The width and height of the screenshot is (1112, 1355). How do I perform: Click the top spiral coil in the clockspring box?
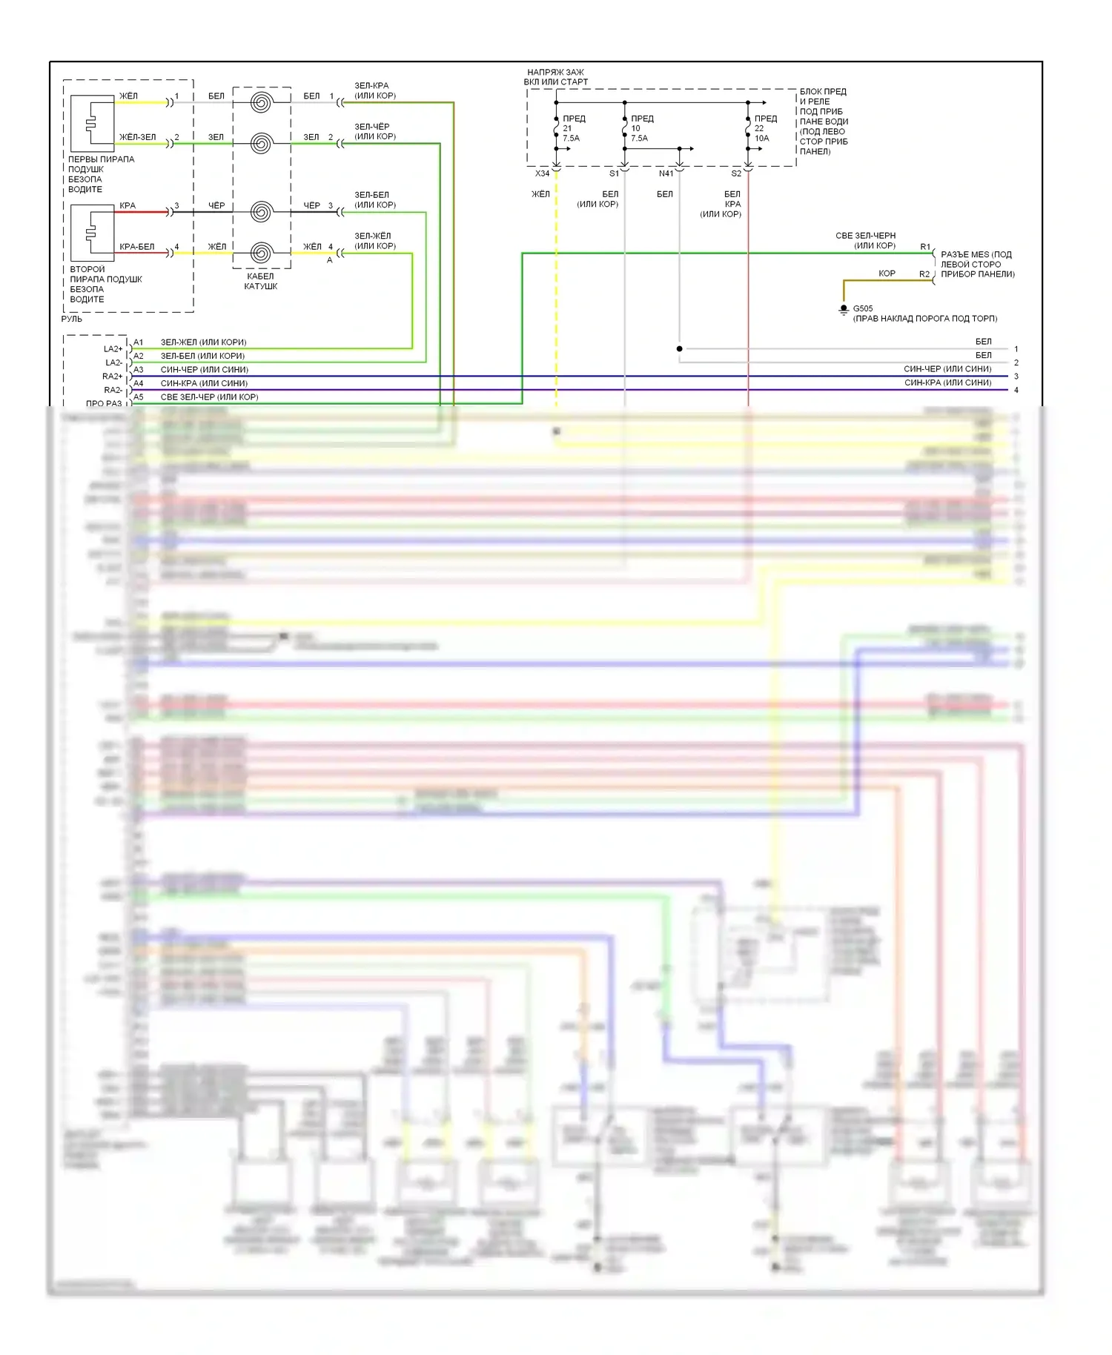click(261, 102)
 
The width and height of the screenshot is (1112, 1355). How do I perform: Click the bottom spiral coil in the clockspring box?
click(261, 253)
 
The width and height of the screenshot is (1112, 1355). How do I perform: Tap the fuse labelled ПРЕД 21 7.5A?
click(557, 128)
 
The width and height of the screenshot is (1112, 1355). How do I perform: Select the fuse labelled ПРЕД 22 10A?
click(748, 128)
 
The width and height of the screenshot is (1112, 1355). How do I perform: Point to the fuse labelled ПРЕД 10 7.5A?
click(625, 128)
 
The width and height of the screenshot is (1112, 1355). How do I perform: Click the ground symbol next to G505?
click(844, 310)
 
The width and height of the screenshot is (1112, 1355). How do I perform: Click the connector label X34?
click(543, 173)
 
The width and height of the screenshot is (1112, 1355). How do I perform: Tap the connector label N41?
click(666, 173)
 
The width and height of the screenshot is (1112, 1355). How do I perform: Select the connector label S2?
click(736, 173)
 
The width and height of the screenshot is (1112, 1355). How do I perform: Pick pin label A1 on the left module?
click(139, 342)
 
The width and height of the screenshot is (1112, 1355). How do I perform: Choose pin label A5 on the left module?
click(139, 397)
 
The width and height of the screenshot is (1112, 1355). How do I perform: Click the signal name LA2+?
click(113, 349)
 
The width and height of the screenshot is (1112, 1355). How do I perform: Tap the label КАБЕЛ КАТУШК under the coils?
click(261, 281)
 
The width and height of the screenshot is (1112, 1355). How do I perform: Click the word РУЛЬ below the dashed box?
click(72, 319)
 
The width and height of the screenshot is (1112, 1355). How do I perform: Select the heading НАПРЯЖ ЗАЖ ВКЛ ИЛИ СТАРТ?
click(556, 77)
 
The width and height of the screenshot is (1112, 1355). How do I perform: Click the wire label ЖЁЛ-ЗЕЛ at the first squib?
click(138, 137)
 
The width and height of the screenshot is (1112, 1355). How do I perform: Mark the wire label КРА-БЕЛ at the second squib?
click(137, 247)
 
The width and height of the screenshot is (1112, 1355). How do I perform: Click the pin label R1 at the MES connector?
click(925, 247)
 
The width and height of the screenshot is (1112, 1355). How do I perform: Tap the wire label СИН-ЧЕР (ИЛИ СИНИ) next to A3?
click(205, 370)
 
